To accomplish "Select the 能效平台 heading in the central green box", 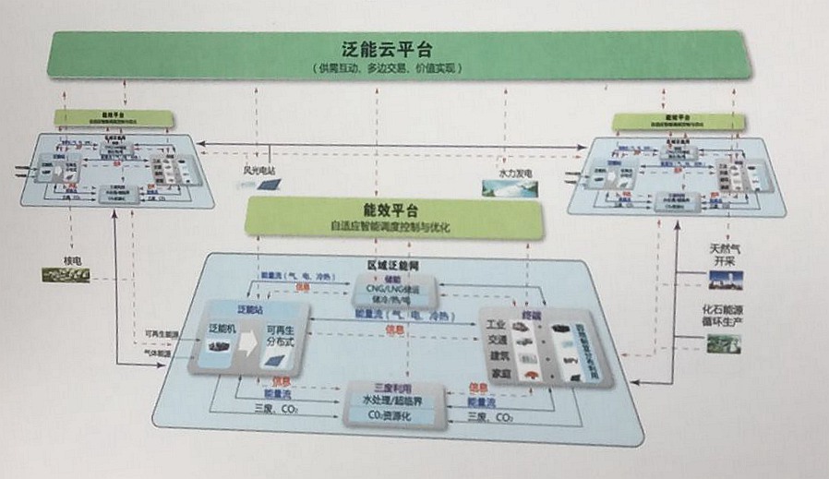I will click(388, 210).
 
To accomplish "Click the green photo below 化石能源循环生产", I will click(724, 344).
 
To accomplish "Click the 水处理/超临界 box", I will click(396, 401).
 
